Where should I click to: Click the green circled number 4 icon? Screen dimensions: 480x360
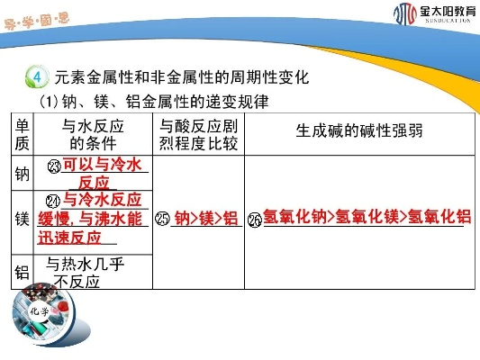tap(37, 76)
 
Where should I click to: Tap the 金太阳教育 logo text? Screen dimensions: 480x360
tap(448, 12)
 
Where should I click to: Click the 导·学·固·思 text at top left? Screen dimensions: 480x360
tap(37, 22)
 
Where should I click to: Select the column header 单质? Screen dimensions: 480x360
tap(22, 134)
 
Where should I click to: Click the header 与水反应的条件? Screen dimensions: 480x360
tap(93, 134)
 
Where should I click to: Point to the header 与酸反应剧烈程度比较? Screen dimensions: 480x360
tap(198, 134)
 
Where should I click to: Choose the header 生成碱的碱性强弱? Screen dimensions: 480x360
tap(359, 130)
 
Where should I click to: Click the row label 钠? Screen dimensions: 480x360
tap(22, 174)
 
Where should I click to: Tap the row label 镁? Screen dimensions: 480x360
tap(22, 219)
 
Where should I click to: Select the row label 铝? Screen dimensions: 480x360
tap(22, 272)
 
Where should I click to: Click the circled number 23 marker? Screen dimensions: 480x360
tap(55, 166)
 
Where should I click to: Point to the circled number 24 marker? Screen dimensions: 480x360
tap(52, 202)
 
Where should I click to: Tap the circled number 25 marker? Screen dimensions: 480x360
tap(162, 219)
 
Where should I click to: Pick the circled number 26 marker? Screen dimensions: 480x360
tap(255, 220)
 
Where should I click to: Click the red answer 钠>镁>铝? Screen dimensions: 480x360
tap(206, 219)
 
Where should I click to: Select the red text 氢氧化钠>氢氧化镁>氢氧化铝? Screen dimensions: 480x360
tap(367, 217)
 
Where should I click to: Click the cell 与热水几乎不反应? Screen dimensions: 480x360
tap(84, 273)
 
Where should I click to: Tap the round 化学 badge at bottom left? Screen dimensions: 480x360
tap(40, 311)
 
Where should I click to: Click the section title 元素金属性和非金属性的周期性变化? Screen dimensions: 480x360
tap(182, 76)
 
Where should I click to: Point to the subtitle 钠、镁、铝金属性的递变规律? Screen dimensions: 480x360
tap(166, 102)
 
